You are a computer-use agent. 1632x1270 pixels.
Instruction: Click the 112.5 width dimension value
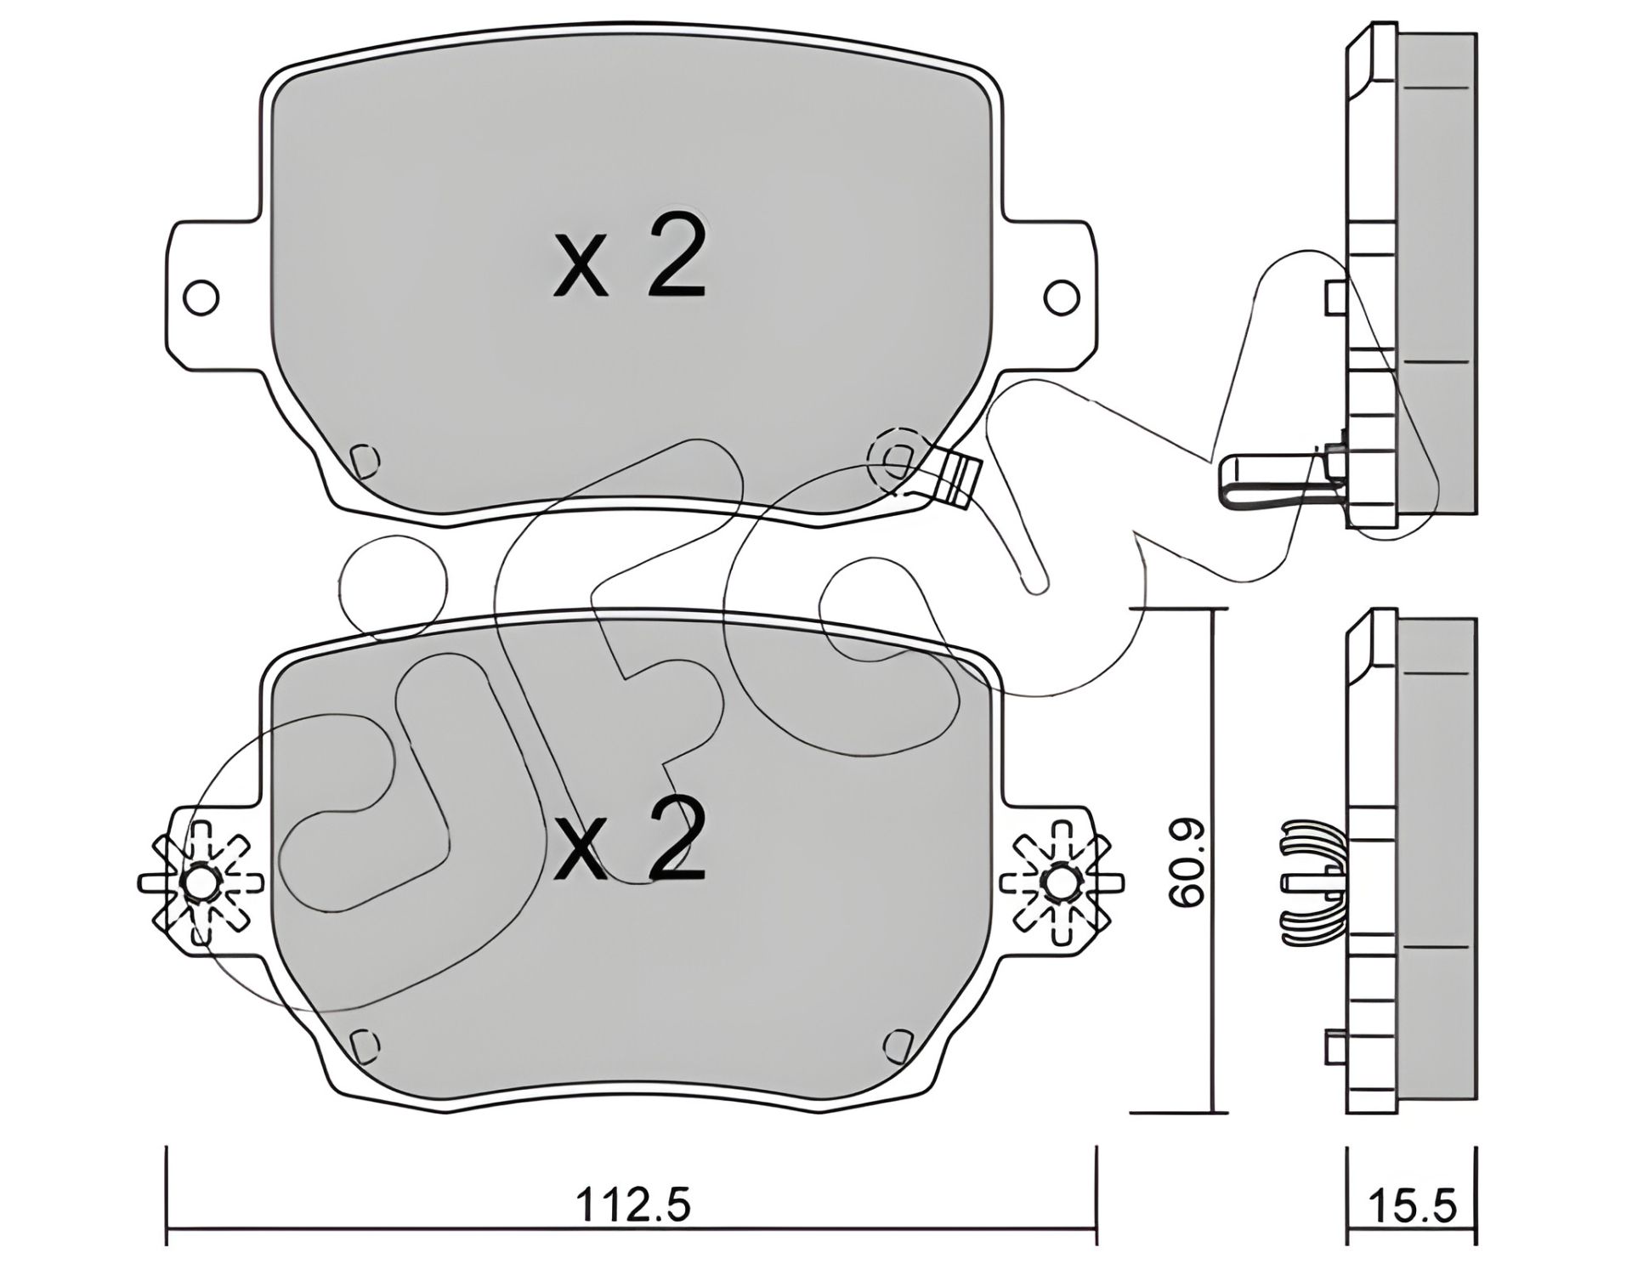(632, 1205)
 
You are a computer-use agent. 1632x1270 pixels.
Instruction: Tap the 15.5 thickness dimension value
(1412, 1205)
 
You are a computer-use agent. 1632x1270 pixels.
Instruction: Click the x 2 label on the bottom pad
(629, 841)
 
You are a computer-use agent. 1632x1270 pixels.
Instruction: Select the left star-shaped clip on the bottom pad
(201, 884)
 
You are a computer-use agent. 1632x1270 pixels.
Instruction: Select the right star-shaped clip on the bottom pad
(1062, 884)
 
